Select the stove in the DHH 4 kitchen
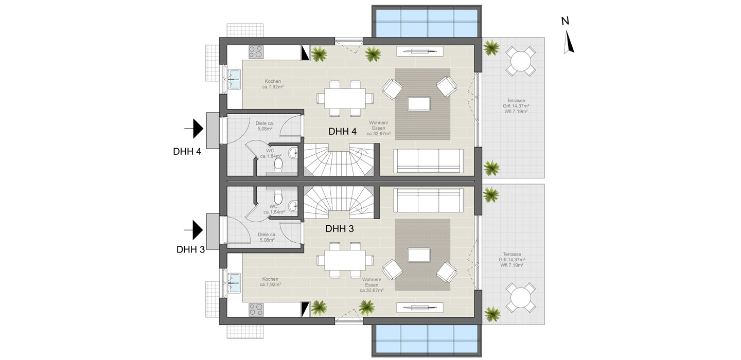pyautogui.click(x=256, y=52)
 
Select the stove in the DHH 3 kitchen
pyautogui.click(x=256, y=310)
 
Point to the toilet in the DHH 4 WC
pyautogui.click(x=278, y=165)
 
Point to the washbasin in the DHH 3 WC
pyautogui.click(x=293, y=206)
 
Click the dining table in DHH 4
pyautogui.click(x=345, y=99)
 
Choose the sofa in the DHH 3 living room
pyautogui.click(x=428, y=200)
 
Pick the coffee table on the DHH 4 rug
pyautogui.click(x=419, y=103)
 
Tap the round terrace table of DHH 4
pyautogui.click(x=520, y=61)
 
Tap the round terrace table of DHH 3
pyautogui.click(x=520, y=297)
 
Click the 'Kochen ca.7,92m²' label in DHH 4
pyautogui.click(x=273, y=84)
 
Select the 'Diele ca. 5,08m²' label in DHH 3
pyautogui.click(x=267, y=237)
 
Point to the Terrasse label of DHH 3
pyautogui.click(x=512, y=260)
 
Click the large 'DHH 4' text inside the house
pyautogui.click(x=342, y=132)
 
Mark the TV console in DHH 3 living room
pyautogui.click(x=420, y=308)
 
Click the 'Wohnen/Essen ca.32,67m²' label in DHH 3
pyautogui.click(x=372, y=285)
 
